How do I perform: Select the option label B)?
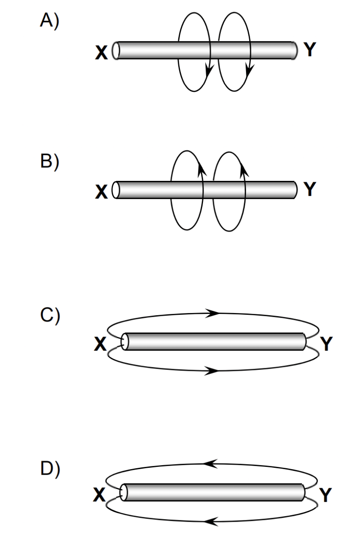point(49,162)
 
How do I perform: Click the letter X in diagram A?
point(101,53)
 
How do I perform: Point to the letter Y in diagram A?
point(309,50)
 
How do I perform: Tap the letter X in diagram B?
point(101,192)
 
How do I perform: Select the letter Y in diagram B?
point(309,189)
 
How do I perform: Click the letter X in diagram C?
point(100,344)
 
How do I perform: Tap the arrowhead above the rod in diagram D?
point(210,464)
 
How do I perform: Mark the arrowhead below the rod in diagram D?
point(210,520)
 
